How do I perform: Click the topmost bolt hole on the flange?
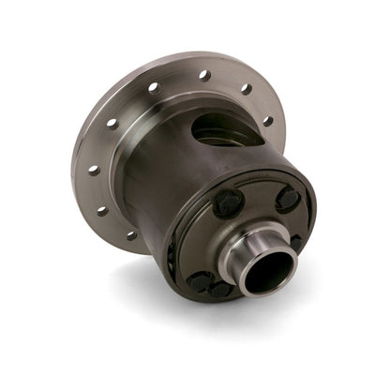point(202,74)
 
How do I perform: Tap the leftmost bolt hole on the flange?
point(93,170)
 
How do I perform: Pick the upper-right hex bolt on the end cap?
point(288,199)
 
